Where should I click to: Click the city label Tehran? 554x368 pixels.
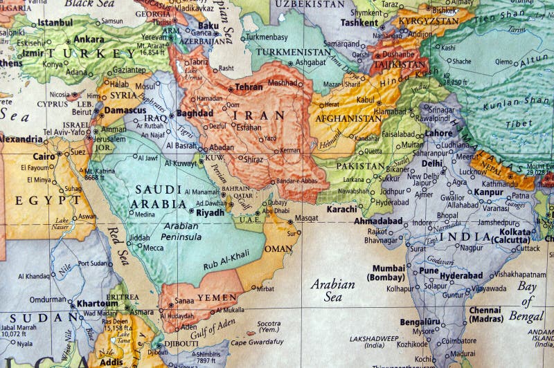(249, 87)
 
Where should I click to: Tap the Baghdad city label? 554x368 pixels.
(195, 113)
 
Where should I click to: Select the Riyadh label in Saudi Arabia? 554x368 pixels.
(211, 212)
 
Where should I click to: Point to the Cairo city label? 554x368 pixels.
(44, 156)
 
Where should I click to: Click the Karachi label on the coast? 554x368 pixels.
(341, 208)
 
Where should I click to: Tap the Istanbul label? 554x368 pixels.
(55, 23)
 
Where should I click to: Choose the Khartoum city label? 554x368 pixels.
(97, 303)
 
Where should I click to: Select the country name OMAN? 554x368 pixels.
(278, 248)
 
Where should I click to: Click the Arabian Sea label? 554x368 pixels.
(332, 291)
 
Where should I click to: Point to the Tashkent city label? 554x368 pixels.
(359, 21)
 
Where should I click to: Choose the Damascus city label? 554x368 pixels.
(125, 110)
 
